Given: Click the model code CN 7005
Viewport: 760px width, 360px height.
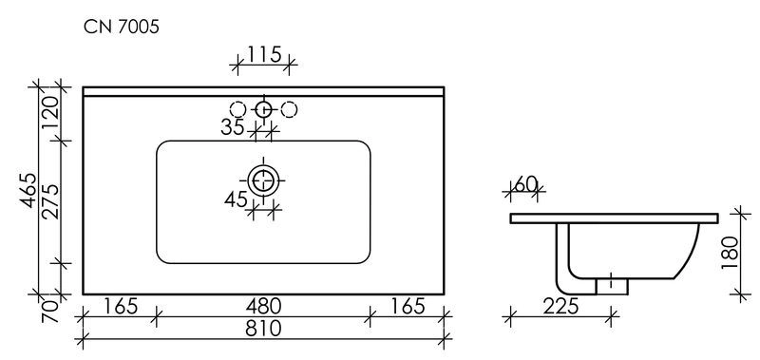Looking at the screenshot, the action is coord(122,28).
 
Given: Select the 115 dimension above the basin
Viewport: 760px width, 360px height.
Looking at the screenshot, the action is coord(264,54).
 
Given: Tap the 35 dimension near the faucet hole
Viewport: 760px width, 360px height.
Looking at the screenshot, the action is coord(233,127).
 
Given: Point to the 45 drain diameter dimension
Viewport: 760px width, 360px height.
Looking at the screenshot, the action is coord(236,199).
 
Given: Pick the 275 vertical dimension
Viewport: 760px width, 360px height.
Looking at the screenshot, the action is coord(50,202).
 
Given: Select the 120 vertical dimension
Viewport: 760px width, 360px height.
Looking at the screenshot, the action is coord(50,112).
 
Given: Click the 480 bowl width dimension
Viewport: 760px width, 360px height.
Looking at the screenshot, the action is coord(264,306).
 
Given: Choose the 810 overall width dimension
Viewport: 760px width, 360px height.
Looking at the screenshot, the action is coord(264,329).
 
